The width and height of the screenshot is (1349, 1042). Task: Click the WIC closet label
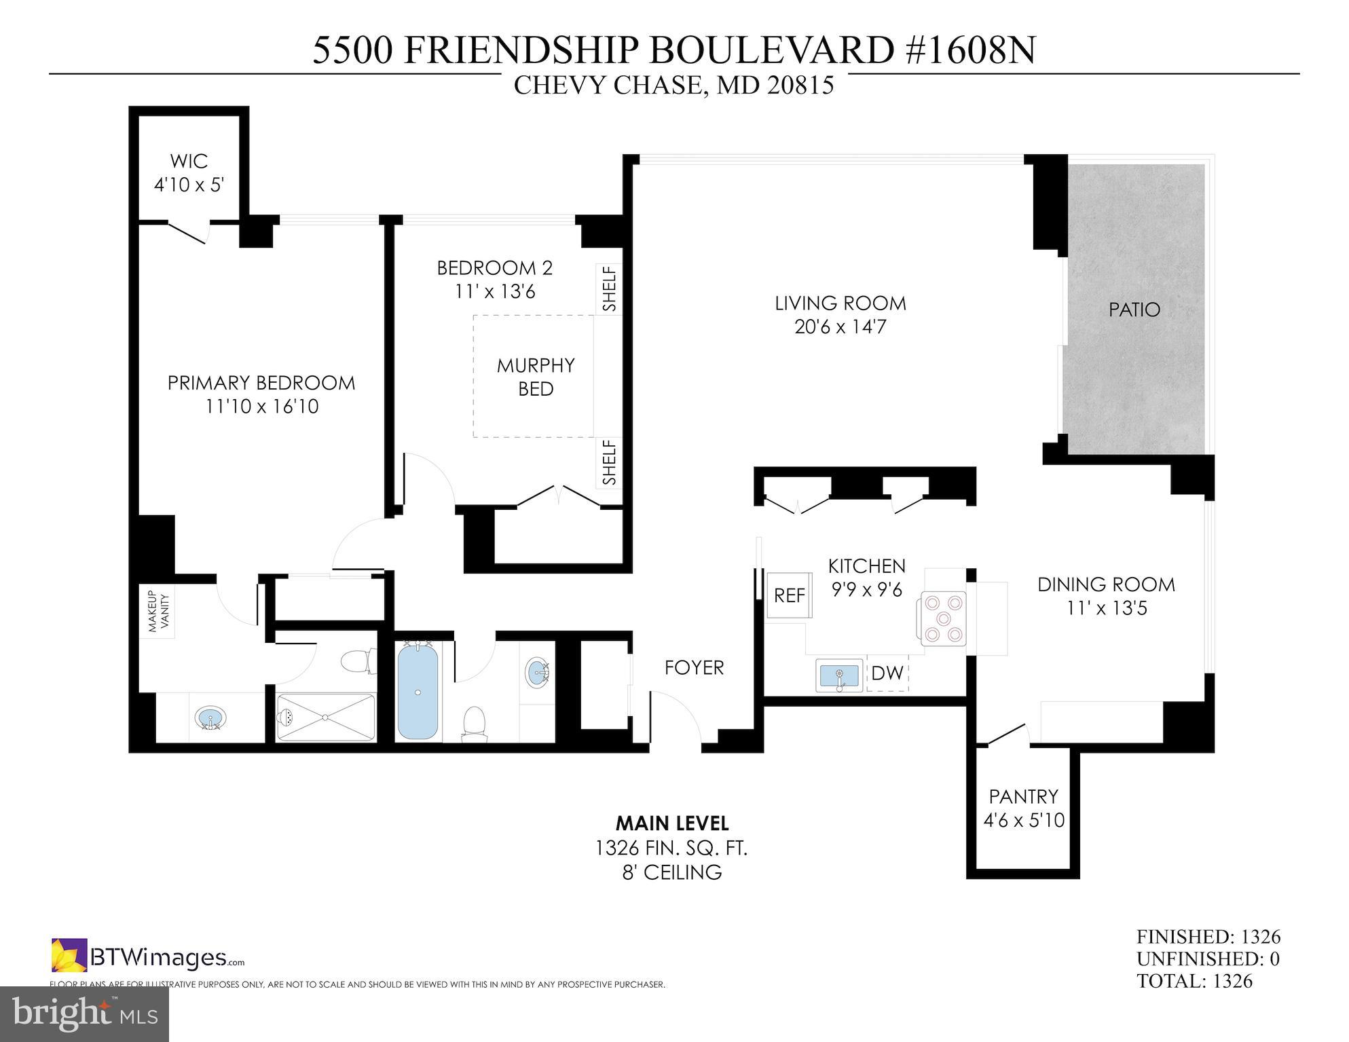[189, 162]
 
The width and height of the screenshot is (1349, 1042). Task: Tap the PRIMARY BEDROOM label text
[261, 383]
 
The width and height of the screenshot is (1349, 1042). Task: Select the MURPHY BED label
[536, 377]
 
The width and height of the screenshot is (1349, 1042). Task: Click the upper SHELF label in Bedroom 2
[610, 289]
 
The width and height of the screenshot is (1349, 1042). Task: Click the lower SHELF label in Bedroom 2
[610, 462]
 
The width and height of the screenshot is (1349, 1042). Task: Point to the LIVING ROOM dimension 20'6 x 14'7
[840, 327]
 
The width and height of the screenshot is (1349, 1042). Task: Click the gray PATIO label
[1134, 310]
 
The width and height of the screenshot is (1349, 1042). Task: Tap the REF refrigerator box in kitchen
[789, 595]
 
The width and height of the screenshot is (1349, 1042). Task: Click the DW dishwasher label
[887, 673]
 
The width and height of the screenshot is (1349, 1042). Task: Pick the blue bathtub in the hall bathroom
[417, 692]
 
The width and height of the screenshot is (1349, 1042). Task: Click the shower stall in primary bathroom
[326, 718]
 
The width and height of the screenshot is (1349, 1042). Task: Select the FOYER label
[694, 667]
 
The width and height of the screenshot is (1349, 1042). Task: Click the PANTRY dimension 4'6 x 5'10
[1024, 820]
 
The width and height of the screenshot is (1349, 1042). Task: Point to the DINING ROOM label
[1106, 584]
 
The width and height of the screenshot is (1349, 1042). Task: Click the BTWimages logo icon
[69, 955]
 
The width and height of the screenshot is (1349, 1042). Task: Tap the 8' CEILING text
[671, 872]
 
